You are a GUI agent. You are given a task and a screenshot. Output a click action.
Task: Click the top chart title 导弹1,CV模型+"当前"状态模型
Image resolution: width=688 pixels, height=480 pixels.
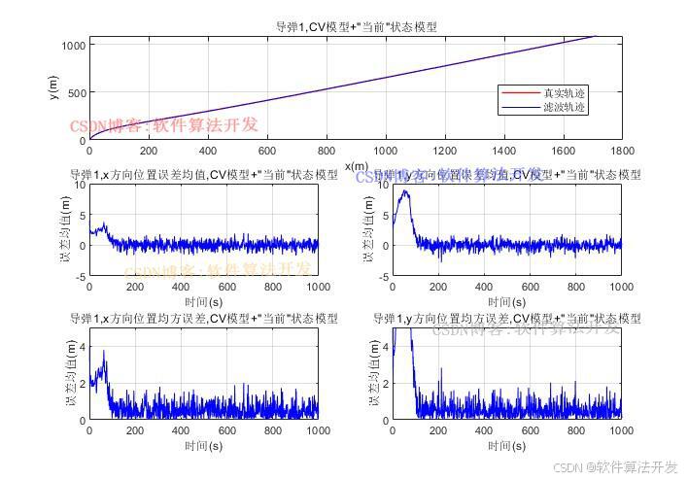click(x=356, y=27)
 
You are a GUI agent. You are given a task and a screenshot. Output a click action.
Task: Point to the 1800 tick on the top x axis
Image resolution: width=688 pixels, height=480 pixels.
click(x=622, y=152)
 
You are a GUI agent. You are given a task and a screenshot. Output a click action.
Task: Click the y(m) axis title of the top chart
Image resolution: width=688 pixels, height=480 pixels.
click(x=54, y=89)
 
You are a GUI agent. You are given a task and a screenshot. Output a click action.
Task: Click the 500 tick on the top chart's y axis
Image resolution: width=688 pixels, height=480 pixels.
click(x=77, y=93)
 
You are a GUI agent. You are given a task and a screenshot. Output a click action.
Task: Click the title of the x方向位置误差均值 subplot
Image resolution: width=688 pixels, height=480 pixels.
click(x=204, y=175)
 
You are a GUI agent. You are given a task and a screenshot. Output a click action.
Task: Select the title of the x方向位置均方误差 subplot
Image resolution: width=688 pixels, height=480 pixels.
click(x=204, y=319)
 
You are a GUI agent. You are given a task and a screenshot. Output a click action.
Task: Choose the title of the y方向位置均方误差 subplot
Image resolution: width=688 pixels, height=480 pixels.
click(x=507, y=319)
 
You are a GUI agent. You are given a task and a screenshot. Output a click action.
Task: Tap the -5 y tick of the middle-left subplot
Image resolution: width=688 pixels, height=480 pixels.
click(x=81, y=277)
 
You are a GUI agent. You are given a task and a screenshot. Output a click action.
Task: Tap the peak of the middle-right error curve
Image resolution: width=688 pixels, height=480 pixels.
click(x=406, y=190)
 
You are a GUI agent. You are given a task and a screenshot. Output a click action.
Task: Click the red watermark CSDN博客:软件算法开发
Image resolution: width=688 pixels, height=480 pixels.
click(x=164, y=125)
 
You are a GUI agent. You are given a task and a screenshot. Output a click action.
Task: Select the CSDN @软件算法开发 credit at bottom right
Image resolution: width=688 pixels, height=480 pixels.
click(x=615, y=467)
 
